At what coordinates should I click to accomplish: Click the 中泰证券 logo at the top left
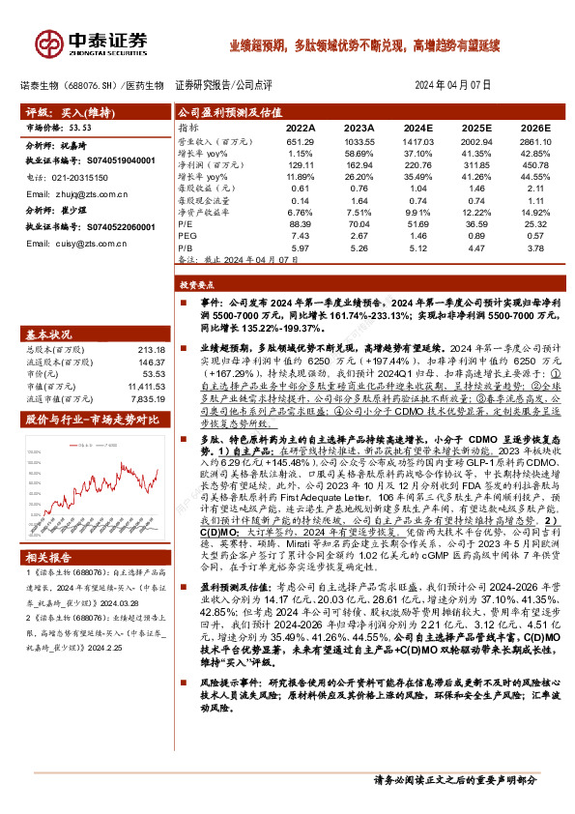(92, 43)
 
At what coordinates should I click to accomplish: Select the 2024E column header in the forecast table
(417, 127)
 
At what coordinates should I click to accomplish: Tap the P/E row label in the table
(186, 222)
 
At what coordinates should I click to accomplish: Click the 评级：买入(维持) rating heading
(68, 112)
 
